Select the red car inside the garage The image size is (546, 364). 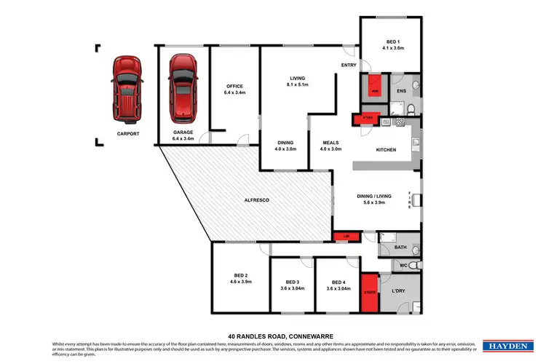click(183, 88)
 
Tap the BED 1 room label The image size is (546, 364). click(391, 43)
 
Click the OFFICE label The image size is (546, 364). click(233, 87)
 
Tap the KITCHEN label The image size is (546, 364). click(385, 150)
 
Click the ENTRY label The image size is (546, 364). click(348, 66)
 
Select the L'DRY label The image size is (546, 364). click(399, 291)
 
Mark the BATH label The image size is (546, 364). click(400, 248)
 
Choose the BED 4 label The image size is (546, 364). click(339, 282)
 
